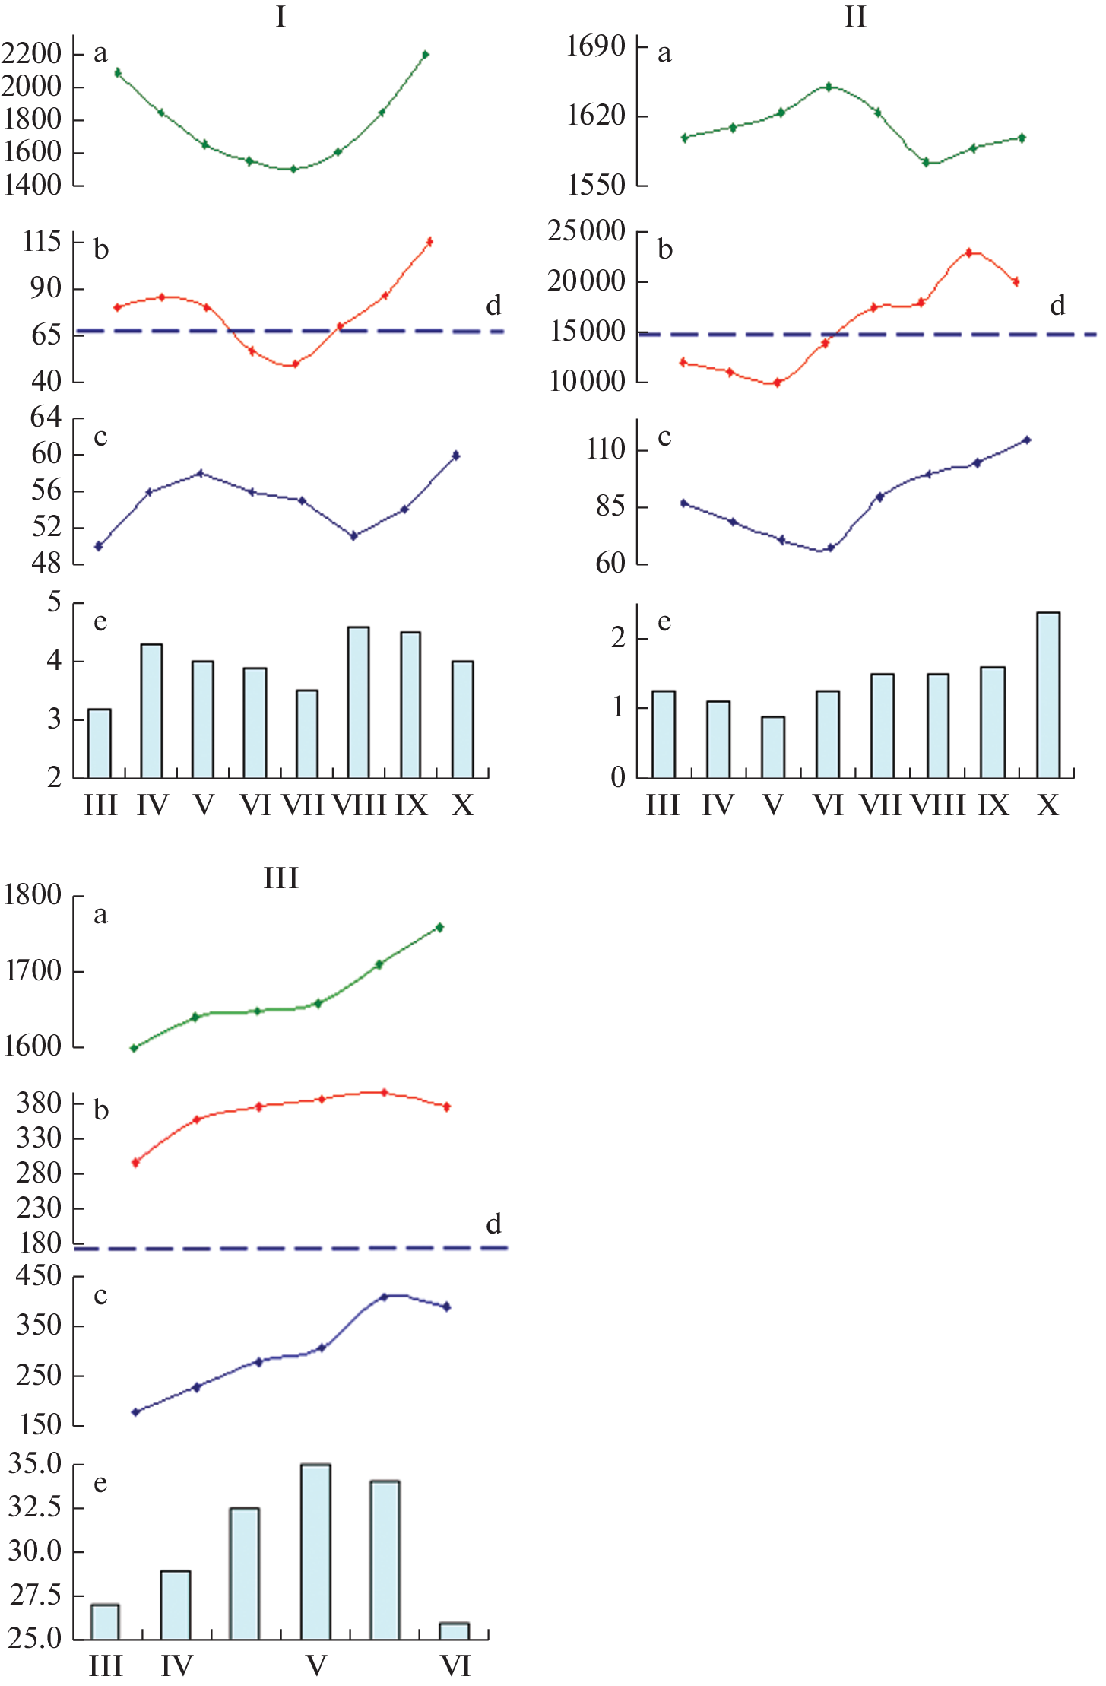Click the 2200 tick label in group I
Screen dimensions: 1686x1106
pyautogui.click(x=31, y=54)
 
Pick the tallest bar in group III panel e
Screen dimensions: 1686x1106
pyautogui.click(x=315, y=1551)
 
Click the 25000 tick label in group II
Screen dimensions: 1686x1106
pyautogui.click(x=586, y=231)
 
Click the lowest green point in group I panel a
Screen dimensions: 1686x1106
pyautogui.click(x=293, y=169)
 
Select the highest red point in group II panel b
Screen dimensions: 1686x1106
pyautogui.click(x=968, y=252)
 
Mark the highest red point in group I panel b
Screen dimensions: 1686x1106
pyautogui.click(x=429, y=242)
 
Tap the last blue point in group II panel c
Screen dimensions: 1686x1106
pyautogui.click(x=1027, y=440)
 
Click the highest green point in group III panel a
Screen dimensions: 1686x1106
pyautogui.click(x=440, y=927)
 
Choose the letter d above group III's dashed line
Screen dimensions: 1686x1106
pyautogui.click(x=493, y=1223)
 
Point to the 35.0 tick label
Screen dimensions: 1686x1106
pyautogui.click(x=35, y=1462)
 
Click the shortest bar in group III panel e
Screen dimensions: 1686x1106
pyautogui.click(x=455, y=1630)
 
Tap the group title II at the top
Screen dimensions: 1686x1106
pyautogui.click(x=855, y=16)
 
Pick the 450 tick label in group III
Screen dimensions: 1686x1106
pyautogui.click(x=38, y=1275)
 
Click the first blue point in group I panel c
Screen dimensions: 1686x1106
pyautogui.click(x=99, y=546)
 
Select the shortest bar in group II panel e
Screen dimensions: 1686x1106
pyautogui.click(x=773, y=746)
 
